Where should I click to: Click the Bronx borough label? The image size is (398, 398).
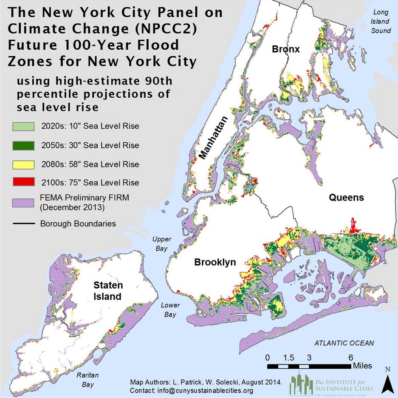(286, 49)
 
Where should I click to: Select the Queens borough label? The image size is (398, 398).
(346, 197)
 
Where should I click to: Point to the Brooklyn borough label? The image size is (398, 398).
(215, 262)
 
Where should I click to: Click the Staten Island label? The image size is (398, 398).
(107, 291)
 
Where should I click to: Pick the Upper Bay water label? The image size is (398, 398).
(161, 244)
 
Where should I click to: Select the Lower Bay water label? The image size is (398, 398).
(170, 310)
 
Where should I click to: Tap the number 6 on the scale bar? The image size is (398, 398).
(350, 357)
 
